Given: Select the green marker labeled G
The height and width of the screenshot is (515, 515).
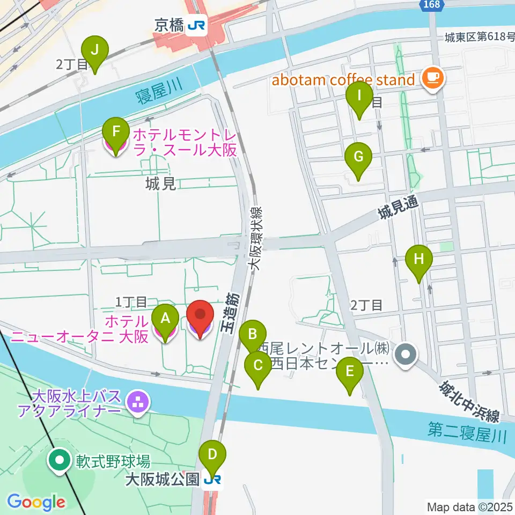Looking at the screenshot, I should (358, 158).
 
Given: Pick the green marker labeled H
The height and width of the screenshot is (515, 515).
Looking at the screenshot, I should (420, 260).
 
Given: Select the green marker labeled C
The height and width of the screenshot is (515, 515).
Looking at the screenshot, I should (257, 367).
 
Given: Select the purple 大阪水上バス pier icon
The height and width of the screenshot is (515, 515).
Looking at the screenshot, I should (137, 401).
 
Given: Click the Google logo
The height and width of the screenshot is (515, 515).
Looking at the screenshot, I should (36, 502).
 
